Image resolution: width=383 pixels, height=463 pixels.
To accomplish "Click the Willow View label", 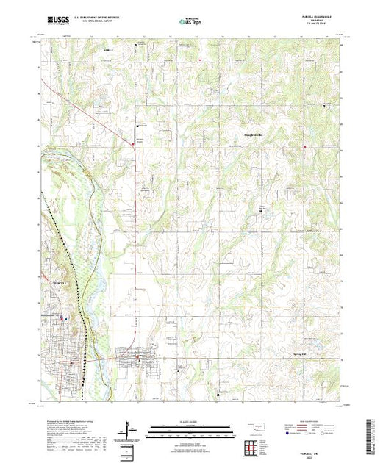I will pyautogui.click(x=314, y=231).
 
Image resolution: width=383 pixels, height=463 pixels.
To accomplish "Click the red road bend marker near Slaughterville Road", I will pyautogui.click(x=132, y=144).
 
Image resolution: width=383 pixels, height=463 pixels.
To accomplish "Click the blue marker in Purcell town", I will pyautogui.click(x=65, y=317).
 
